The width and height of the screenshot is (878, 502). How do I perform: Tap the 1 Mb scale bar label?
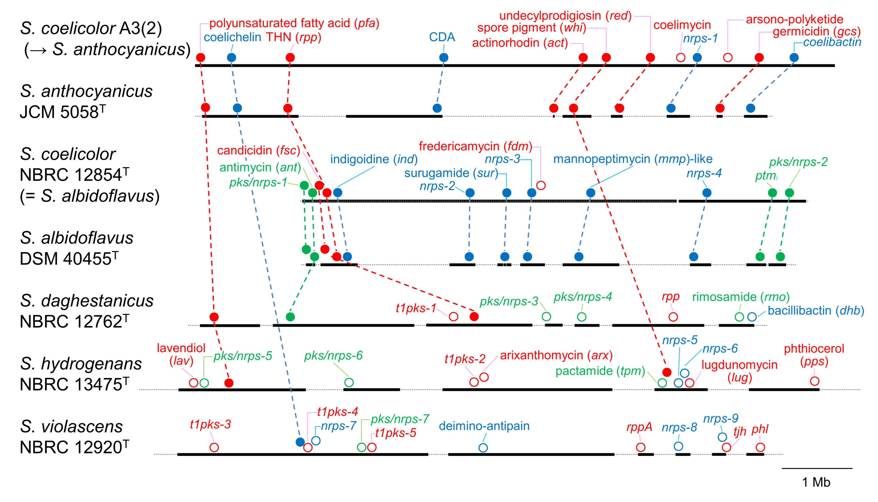click(816, 482)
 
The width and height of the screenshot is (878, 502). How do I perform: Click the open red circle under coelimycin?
click(680, 57)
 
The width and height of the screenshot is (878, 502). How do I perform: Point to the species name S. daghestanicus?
click(86, 301)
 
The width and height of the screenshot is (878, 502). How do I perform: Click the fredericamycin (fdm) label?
click(475, 146)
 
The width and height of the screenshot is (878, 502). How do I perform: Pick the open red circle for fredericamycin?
click(541, 185)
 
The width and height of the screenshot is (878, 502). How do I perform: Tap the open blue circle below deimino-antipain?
click(483, 448)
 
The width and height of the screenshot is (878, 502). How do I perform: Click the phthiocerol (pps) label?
click(814, 354)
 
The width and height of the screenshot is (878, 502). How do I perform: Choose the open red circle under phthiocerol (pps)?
click(814, 381)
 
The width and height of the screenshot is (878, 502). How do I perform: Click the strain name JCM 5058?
click(62, 112)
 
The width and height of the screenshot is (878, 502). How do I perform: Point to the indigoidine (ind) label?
click(374, 159)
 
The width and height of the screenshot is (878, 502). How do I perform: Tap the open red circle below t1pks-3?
click(214, 447)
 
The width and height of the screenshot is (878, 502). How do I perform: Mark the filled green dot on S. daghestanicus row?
click(290, 317)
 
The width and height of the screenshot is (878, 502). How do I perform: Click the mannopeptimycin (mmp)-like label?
click(632, 159)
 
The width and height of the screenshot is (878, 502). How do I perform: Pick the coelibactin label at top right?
click(832, 42)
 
